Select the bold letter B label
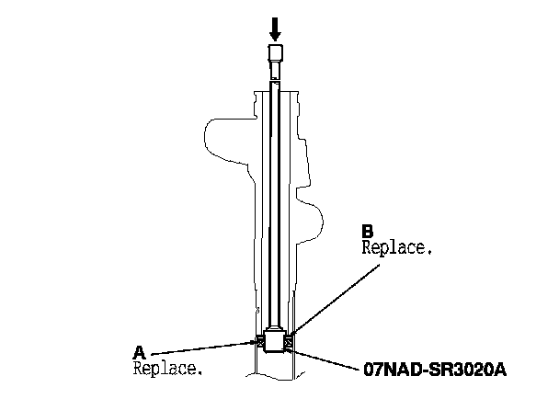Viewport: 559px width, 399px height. pyautogui.click(x=367, y=231)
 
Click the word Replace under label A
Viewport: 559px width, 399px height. pyautogui.click(x=166, y=369)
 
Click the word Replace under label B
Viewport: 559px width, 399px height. pyautogui.click(x=396, y=247)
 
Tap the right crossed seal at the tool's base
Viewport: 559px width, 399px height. pyautogui.click(x=289, y=343)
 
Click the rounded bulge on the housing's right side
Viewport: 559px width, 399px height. pyautogui.click(x=314, y=221)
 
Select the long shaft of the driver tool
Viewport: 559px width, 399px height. pyautogui.click(x=274, y=202)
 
